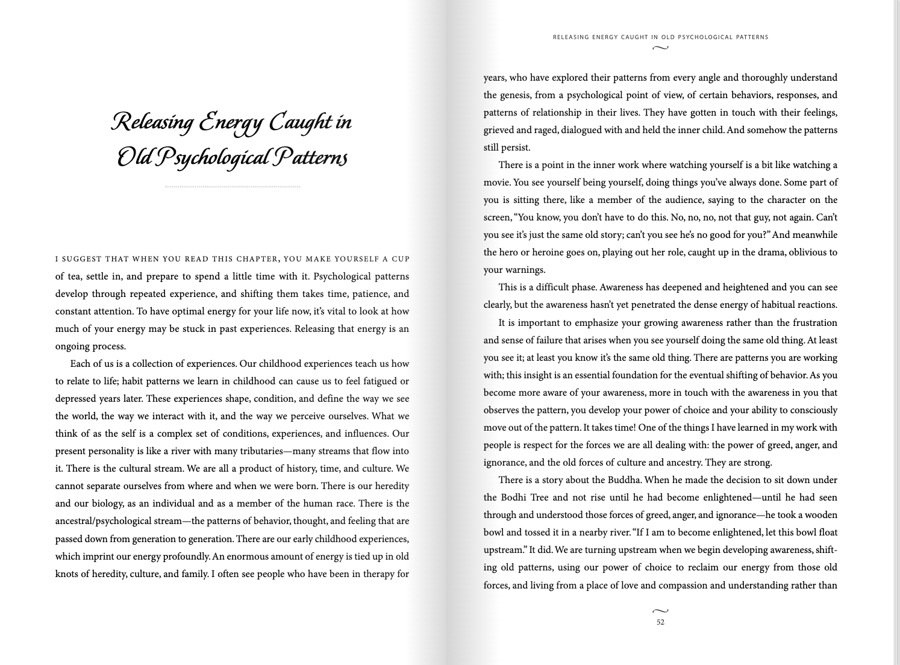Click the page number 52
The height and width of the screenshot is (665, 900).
point(660,622)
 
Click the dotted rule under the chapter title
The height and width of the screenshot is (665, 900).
point(233,187)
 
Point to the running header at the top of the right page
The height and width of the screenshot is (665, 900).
point(660,37)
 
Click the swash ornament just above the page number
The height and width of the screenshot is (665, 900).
point(660,611)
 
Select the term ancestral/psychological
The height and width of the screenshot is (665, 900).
point(118,521)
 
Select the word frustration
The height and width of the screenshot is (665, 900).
point(808,323)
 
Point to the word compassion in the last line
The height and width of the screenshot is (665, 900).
point(683,585)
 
